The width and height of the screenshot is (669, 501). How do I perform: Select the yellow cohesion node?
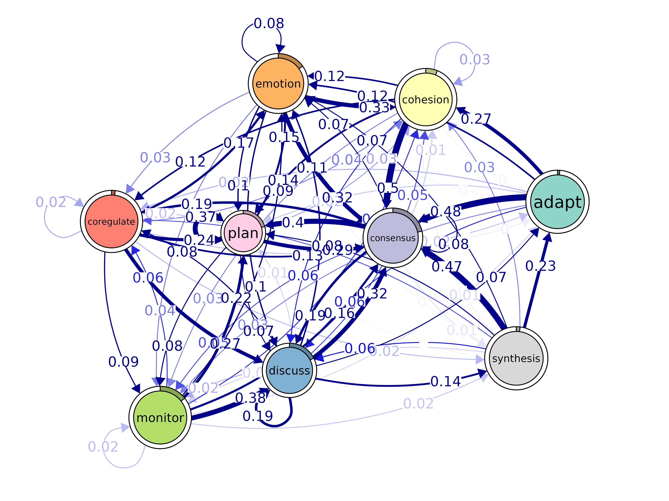coord(426,99)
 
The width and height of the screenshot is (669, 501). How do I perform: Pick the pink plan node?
coord(243,233)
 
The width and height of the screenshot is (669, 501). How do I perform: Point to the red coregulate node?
coord(111,221)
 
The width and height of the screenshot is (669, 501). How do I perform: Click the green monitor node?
coord(160,418)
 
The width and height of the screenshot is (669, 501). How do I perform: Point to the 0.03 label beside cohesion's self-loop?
coord(474,60)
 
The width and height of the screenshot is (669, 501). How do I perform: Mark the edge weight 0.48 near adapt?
coord(446,211)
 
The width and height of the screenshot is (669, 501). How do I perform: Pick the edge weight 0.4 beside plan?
coord(293,223)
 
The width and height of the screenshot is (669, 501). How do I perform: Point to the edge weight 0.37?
coord(200,217)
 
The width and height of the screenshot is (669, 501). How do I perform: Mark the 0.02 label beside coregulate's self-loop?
coord(51,202)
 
